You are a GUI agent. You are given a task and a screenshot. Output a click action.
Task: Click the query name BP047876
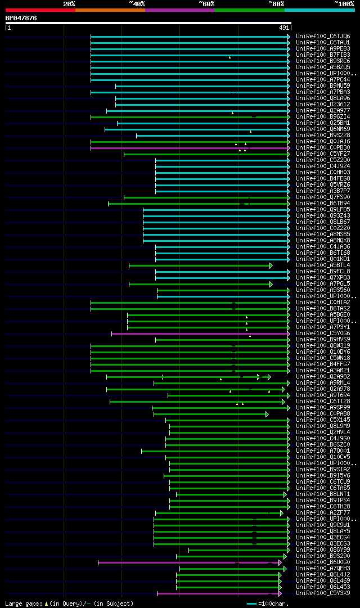click(21, 18)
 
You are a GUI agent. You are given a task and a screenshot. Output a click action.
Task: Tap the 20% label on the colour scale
click(69, 4)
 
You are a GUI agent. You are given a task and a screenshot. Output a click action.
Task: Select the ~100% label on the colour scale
click(344, 4)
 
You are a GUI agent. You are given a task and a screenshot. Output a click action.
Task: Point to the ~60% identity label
click(206, 4)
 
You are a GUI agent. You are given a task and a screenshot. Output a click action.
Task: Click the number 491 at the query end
click(283, 27)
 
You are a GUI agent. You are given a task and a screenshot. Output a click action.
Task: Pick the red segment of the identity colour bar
click(40, 10)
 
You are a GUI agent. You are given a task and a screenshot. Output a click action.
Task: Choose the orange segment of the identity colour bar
click(110, 10)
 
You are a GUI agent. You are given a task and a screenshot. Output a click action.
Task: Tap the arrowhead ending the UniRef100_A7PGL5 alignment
click(271, 284)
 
